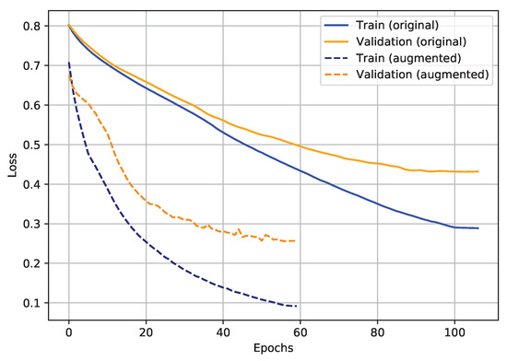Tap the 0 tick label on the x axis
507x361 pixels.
tap(68, 332)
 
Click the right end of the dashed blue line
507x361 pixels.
tap(296, 306)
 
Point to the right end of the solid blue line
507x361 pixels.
tap(478, 228)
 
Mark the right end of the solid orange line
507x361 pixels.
tap(478, 171)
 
